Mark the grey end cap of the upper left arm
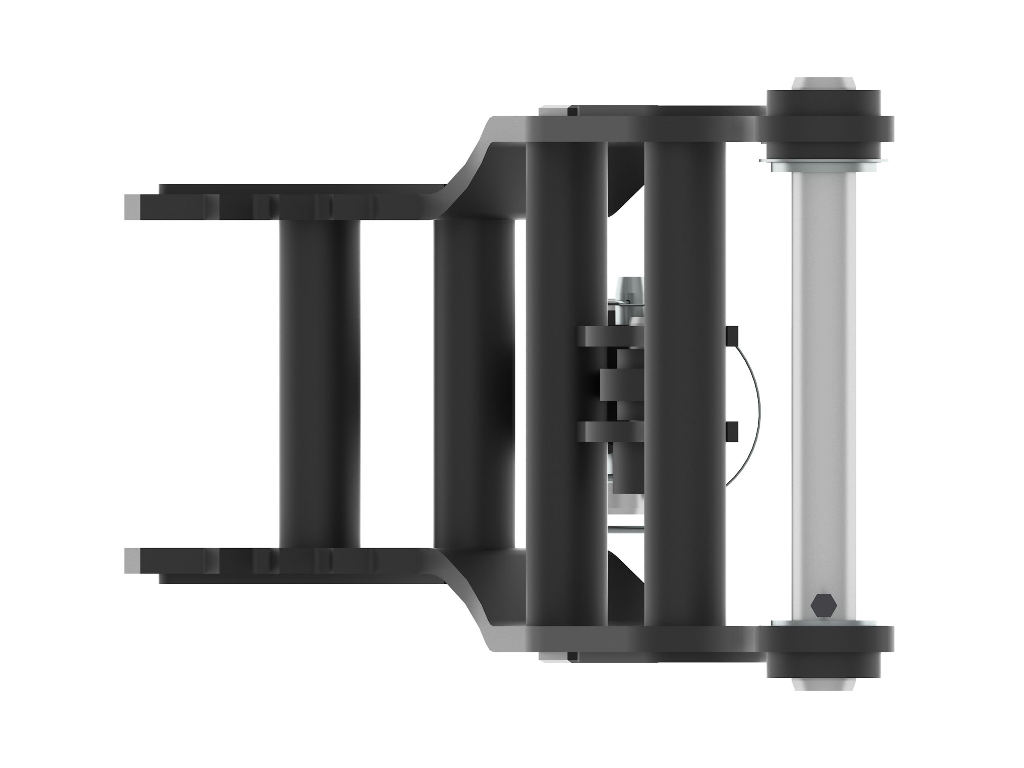click(x=132, y=206)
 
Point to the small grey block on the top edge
click(x=554, y=111)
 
